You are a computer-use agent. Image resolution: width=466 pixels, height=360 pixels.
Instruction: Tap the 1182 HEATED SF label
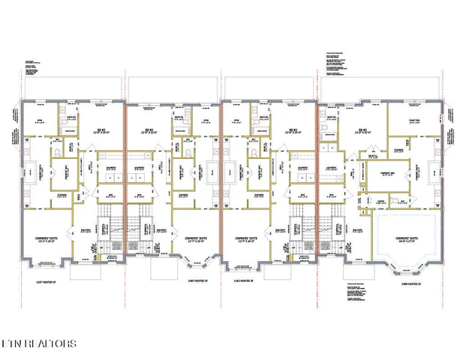pyautogui.click(x=245, y=282)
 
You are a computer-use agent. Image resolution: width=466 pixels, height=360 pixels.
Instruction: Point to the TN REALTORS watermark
pyautogui.click(x=38, y=344)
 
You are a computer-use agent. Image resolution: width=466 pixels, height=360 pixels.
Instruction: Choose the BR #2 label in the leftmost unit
pyautogui.click(x=98, y=130)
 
